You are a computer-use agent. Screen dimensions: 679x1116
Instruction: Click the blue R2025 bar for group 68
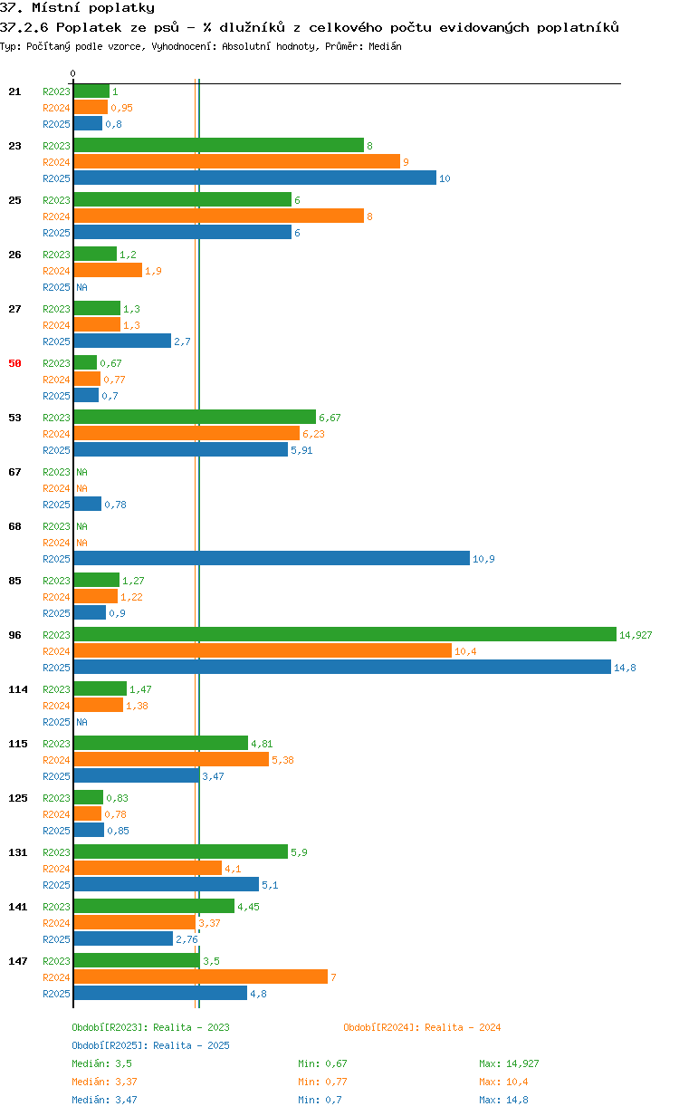click(272, 558)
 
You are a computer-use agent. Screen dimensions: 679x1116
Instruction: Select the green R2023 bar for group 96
click(345, 634)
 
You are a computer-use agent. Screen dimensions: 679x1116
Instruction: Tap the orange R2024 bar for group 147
click(201, 976)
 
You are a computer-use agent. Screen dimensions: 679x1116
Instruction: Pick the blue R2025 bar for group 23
click(255, 178)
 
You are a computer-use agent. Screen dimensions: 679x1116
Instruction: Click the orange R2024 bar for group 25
click(219, 216)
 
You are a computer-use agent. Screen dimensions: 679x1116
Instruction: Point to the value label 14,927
click(636, 635)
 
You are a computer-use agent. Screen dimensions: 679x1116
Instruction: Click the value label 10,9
click(483, 559)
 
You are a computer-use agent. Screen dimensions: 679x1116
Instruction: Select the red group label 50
click(14, 363)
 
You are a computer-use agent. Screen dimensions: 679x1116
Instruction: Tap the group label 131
click(18, 852)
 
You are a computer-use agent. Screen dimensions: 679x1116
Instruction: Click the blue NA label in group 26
click(81, 287)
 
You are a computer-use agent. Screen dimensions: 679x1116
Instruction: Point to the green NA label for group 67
click(81, 472)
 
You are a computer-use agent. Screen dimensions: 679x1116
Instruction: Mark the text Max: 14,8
click(503, 1100)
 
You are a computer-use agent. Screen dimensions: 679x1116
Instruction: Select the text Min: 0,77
click(322, 1082)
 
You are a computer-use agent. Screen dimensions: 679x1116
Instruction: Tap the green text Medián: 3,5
click(101, 1063)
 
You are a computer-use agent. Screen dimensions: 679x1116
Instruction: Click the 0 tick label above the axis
click(72, 73)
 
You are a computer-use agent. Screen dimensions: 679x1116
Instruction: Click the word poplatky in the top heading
click(121, 8)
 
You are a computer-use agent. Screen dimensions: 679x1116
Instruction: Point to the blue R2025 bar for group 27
click(122, 341)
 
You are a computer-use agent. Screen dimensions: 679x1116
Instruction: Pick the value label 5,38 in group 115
click(282, 760)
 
